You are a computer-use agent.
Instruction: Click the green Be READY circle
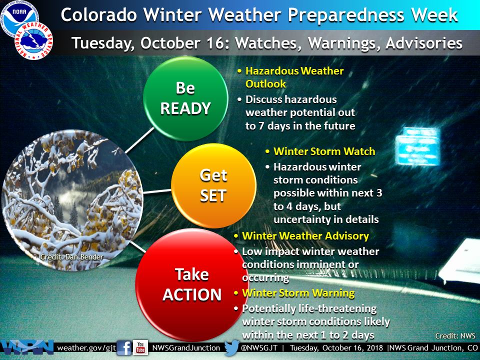[x=185, y=98]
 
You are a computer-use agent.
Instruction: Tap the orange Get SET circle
[x=213, y=186]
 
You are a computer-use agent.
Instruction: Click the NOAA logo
[x=19, y=15]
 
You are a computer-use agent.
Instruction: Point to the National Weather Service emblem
[x=33, y=40]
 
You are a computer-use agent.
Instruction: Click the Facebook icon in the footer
[x=124, y=348]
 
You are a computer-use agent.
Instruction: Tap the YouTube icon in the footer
[x=140, y=347]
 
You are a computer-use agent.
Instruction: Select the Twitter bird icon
[x=231, y=347]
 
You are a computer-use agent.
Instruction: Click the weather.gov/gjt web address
[x=86, y=348]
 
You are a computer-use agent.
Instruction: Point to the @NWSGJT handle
[x=259, y=348]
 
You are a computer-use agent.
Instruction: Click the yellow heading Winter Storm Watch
[x=324, y=151]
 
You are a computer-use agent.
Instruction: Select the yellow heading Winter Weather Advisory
[x=305, y=236]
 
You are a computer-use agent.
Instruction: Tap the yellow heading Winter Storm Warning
[x=298, y=293]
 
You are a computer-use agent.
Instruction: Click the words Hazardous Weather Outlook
[x=294, y=77]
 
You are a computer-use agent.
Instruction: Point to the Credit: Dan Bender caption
[x=71, y=257]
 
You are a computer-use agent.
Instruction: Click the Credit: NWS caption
[x=455, y=336]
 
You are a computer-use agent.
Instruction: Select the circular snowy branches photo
[x=72, y=200]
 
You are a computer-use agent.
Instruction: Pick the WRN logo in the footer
[x=26, y=348]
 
